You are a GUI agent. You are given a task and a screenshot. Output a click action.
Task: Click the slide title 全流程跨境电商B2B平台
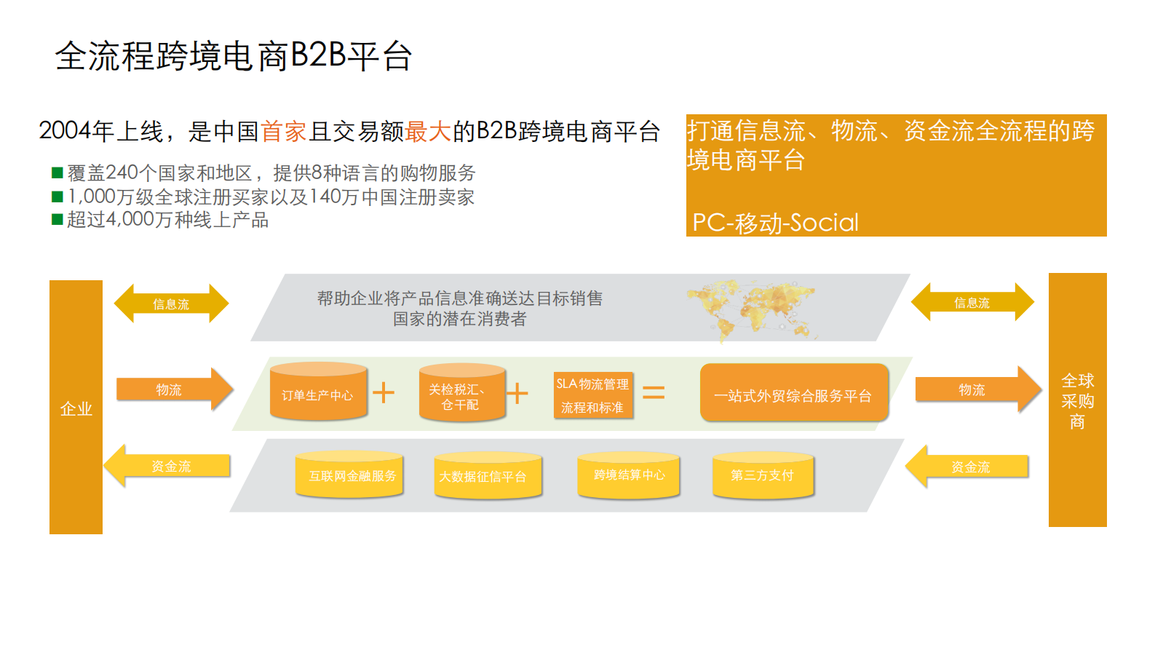click(x=234, y=55)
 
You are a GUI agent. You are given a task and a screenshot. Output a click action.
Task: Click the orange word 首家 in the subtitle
click(x=284, y=132)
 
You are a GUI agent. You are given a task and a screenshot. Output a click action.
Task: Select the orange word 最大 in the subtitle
click(x=429, y=132)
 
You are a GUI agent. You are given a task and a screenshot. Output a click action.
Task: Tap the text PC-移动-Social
click(x=775, y=222)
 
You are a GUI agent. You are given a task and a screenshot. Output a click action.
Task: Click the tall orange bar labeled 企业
click(x=76, y=407)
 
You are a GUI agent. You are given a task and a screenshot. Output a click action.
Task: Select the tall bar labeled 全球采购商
click(x=1077, y=400)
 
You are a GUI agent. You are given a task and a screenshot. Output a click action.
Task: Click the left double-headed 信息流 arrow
click(x=171, y=304)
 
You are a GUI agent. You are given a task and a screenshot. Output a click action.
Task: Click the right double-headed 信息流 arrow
click(x=972, y=302)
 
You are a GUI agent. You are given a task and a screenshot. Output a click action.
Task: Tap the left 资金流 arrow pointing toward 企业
click(x=169, y=466)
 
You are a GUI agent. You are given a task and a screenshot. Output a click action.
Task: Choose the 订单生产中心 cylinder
click(x=318, y=393)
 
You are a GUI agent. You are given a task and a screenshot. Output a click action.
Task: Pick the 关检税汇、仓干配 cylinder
click(x=461, y=394)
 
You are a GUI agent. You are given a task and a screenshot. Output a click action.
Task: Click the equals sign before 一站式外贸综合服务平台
click(x=653, y=393)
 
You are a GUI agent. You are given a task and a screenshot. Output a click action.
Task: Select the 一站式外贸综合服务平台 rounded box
click(x=793, y=394)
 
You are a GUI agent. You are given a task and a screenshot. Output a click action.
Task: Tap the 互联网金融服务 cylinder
click(x=350, y=475)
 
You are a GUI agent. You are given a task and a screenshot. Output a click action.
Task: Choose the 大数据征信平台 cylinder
click(x=487, y=476)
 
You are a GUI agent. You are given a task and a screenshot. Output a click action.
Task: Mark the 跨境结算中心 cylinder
click(x=628, y=475)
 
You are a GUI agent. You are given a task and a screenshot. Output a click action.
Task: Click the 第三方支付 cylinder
click(x=762, y=475)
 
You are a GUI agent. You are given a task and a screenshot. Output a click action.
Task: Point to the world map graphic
click(x=752, y=309)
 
